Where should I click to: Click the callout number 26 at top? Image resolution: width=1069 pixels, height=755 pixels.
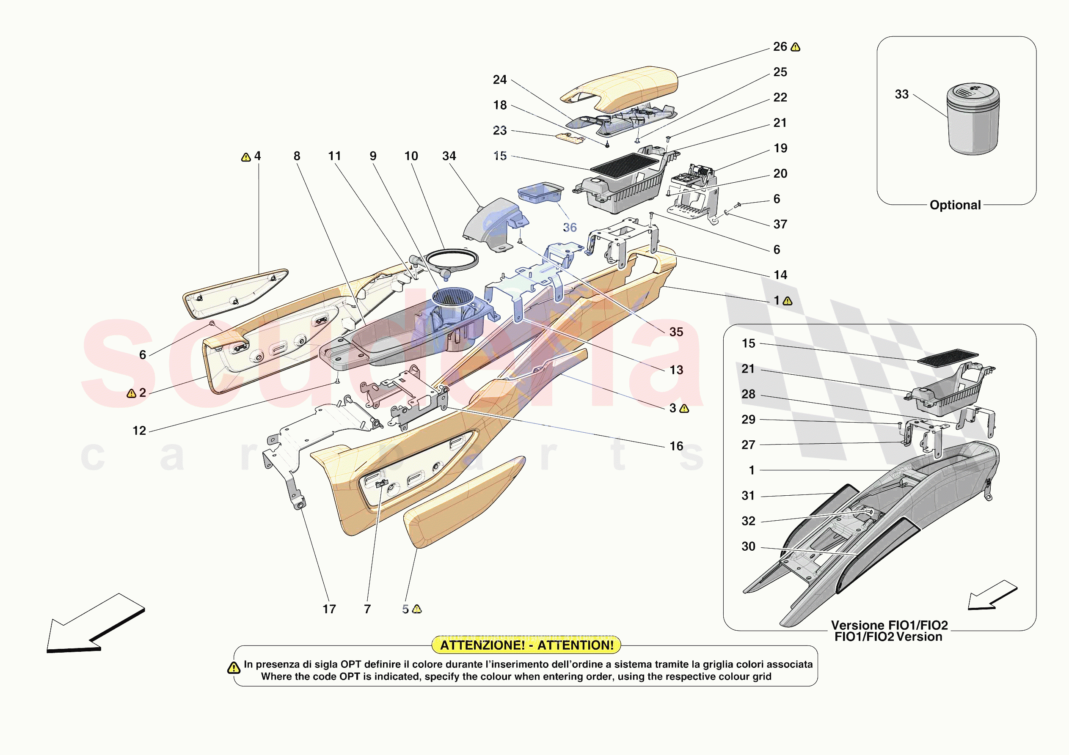coord(780,47)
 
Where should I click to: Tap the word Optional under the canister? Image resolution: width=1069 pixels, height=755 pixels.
coord(955,205)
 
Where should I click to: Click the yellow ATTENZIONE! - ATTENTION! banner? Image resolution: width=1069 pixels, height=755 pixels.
coord(526,645)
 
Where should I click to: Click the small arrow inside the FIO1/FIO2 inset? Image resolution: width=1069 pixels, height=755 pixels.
coord(992,596)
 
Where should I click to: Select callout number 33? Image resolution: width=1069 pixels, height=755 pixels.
coord(902,94)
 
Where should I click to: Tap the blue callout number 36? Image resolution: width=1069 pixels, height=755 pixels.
coord(570,227)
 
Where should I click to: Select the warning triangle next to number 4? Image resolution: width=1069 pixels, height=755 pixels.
coord(246,157)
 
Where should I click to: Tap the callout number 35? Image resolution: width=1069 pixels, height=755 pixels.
coord(676,332)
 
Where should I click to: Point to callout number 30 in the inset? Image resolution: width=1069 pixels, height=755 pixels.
coord(748,546)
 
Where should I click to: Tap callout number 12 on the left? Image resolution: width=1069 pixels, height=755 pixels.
coord(139,431)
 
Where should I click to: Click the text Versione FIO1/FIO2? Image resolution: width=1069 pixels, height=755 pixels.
coord(889,625)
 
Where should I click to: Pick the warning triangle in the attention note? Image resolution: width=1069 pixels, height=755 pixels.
coord(233,668)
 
